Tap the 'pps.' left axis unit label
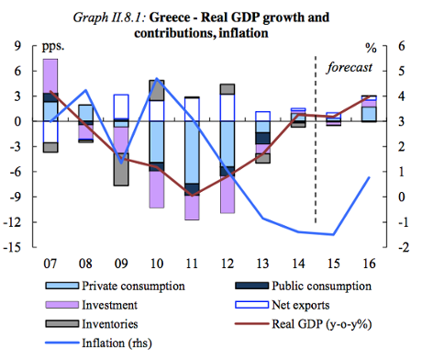56,45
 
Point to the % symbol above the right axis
371,45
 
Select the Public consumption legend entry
311,287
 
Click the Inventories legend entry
105,324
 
